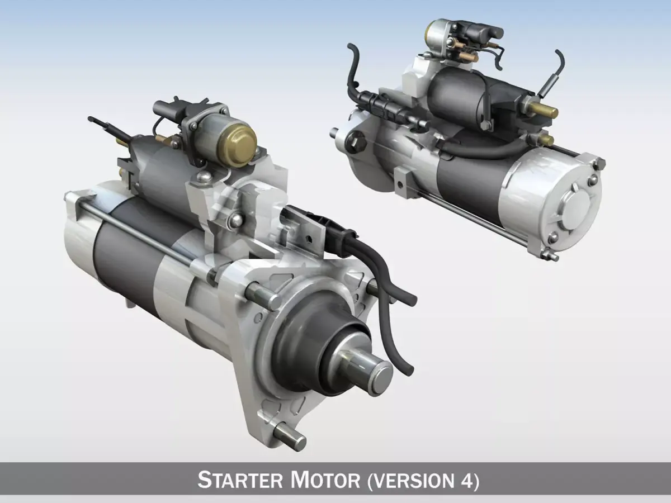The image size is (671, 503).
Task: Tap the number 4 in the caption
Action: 467,480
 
